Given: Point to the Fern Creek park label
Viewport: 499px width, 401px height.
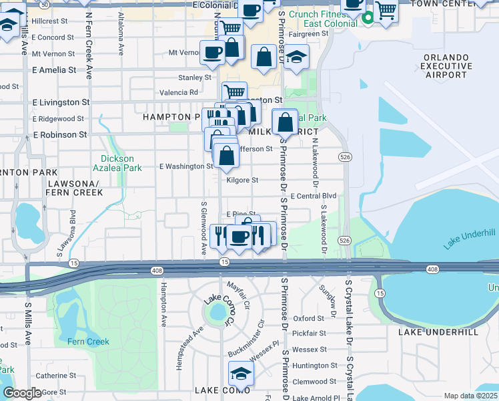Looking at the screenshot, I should coord(88,342).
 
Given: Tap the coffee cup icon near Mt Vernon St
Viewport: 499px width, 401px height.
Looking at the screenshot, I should coord(213,52).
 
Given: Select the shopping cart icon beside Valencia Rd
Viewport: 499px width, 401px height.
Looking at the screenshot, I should coord(234,92).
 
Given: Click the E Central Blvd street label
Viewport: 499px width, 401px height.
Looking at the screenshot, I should coord(313,196).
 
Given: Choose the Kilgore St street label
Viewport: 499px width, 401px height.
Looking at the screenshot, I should coord(242,180).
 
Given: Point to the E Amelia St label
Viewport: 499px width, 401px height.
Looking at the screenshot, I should coord(53,70).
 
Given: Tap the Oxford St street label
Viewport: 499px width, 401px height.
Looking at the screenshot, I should coord(308,319).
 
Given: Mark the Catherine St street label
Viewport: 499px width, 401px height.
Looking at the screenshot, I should coord(57,376).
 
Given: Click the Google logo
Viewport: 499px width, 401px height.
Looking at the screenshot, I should coord(23,393).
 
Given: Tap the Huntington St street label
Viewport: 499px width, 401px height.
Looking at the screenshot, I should coord(315,366).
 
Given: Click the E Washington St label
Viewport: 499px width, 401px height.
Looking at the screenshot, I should coord(185,166).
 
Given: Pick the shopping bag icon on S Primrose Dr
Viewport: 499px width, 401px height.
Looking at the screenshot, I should coord(286,123).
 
